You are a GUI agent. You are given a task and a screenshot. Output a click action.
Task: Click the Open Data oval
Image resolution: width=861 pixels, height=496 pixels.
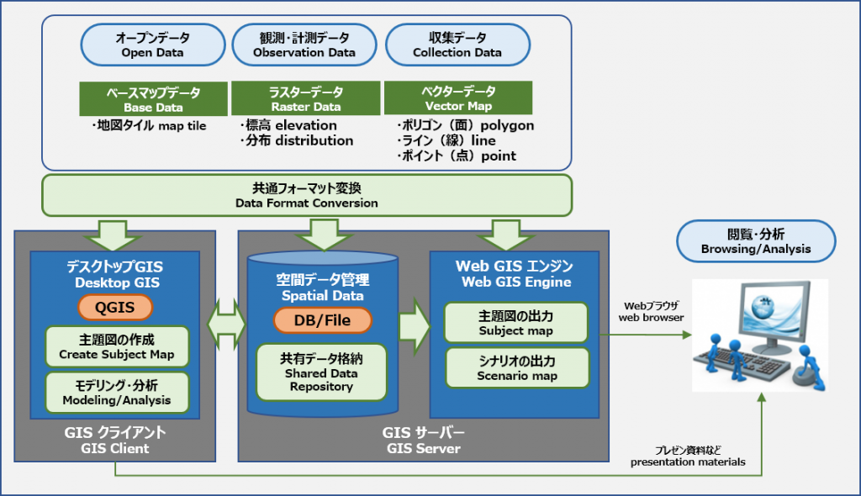click(x=153, y=45)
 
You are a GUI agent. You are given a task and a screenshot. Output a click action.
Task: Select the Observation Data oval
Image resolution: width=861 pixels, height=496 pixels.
click(x=304, y=45)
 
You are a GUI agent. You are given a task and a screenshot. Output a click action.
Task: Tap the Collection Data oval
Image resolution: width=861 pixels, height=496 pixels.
click(x=457, y=45)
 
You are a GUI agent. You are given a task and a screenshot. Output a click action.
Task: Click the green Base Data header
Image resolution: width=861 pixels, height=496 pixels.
click(x=153, y=99)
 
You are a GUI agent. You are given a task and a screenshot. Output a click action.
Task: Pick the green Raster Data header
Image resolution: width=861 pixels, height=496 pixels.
click(x=306, y=98)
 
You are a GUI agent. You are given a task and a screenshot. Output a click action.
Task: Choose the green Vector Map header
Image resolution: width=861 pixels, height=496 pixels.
click(x=458, y=98)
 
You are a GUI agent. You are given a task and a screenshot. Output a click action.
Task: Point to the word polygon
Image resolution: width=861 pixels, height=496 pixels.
click(x=507, y=126)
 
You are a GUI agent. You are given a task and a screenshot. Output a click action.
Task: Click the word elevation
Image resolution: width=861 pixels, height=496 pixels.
click(x=306, y=125)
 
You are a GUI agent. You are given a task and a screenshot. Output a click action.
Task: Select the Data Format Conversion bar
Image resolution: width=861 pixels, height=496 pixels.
click(x=307, y=196)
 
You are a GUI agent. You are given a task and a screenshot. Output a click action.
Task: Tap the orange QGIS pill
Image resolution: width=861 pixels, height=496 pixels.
click(x=114, y=307)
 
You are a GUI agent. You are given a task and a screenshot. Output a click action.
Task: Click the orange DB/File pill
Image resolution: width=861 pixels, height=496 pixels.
click(x=322, y=320)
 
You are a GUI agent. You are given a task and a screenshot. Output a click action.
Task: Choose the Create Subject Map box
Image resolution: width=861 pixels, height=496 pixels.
click(x=117, y=346)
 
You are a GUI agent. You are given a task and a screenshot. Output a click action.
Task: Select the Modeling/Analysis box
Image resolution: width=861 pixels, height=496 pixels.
click(x=117, y=393)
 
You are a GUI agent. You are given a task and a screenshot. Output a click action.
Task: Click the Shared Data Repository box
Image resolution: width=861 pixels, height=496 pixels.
click(x=321, y=372)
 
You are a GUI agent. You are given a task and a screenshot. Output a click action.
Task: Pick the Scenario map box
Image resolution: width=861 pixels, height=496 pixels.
click(x=517, y=368)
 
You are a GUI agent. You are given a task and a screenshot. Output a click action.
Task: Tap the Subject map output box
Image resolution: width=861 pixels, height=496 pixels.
click(x=516, y=323)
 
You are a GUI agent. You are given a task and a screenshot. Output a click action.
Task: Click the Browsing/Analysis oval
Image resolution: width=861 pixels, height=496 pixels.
click(x=756, y=241)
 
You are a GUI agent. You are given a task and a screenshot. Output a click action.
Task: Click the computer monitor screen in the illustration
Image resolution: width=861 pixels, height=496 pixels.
click(x=773, y=311)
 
